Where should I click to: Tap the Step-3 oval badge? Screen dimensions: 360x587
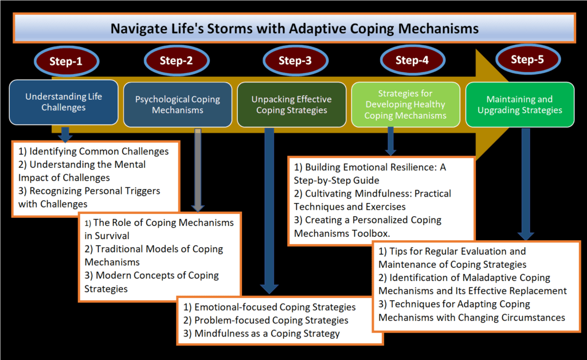pyautogui.click(x=294, y=61)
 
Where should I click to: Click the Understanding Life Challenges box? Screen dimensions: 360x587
pyautogui.click(x=64, y=102)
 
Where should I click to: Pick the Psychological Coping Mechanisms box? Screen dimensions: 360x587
pyautogui.click(x=178, y=104)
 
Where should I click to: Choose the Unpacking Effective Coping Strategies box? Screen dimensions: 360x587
pyautogui.click(x=291, y=104)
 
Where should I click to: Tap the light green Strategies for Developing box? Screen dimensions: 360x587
pyautogui.click(x=405, y=104)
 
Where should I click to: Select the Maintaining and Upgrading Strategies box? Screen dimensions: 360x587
pyautogui.click(x=519, y=104)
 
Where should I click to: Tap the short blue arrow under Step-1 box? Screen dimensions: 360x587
pyautogui.click(x=65, y=134)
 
